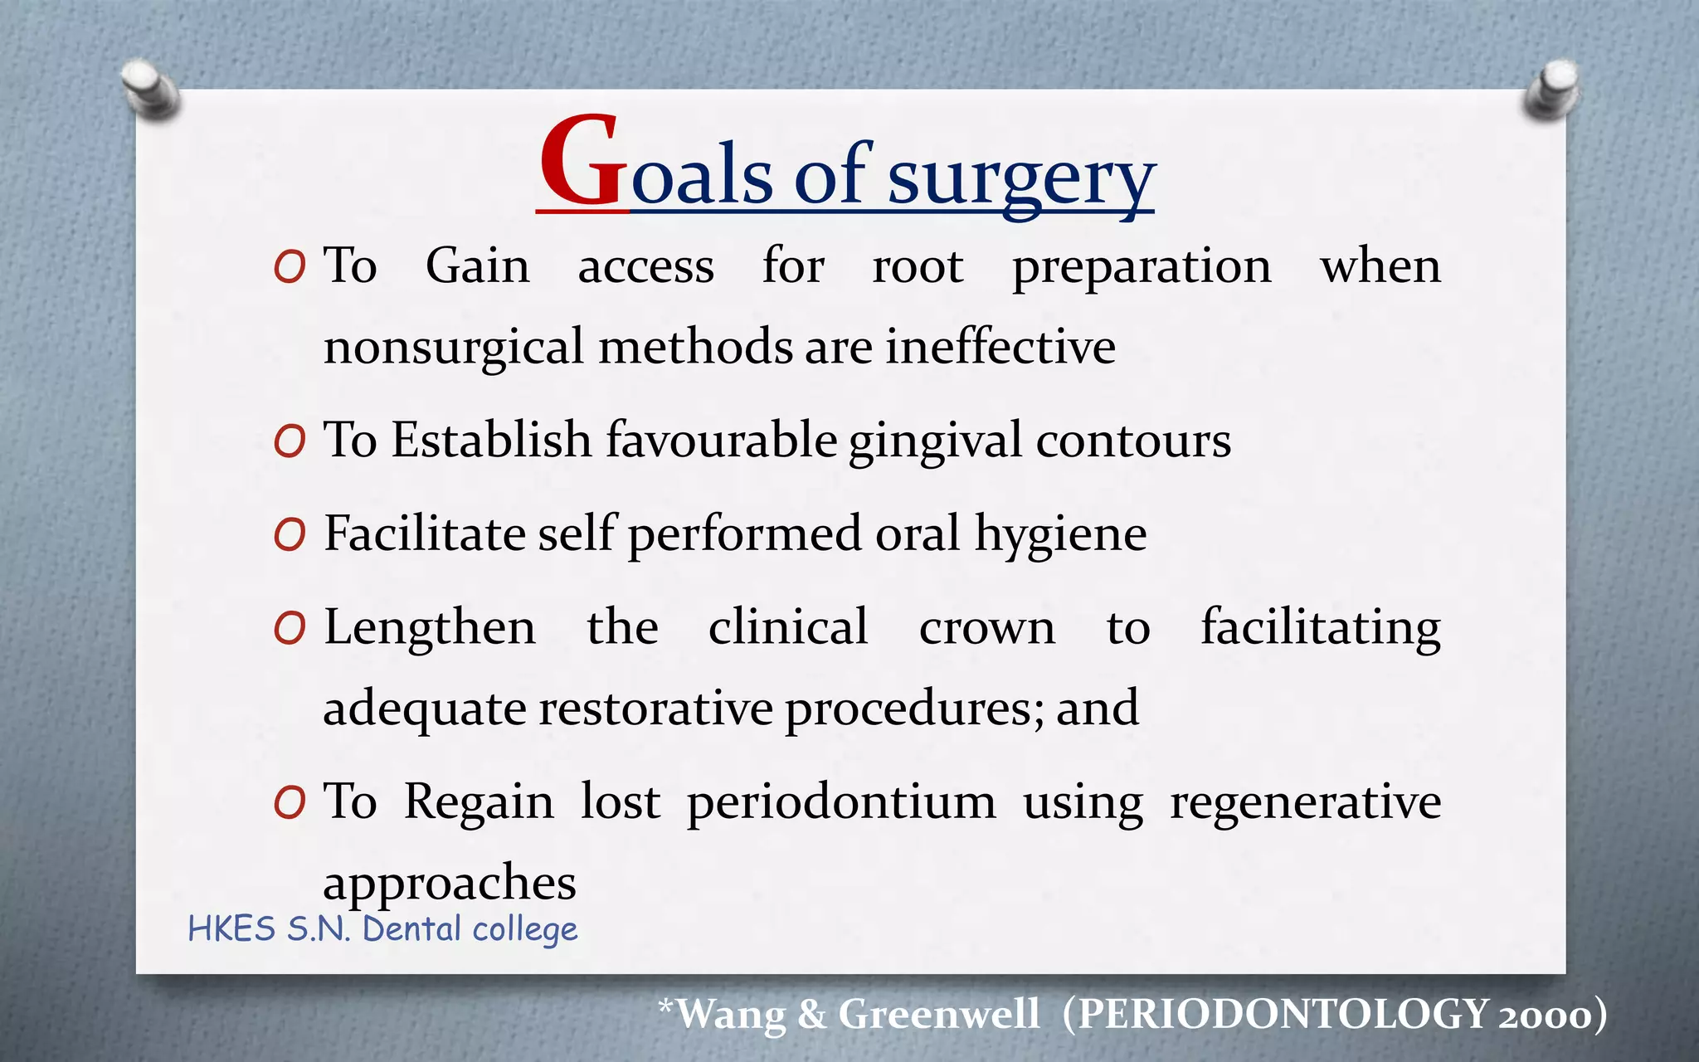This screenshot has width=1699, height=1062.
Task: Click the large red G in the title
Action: click(581, 162)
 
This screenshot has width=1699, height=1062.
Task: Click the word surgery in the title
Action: click(1021, 178)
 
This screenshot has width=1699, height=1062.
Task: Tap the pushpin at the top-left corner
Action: click(149, 88)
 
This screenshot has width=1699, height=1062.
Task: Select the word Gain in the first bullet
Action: click(477, 266)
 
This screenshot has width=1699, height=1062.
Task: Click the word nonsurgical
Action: click(454, 347)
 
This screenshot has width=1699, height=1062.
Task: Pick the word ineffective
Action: click(1000, 346)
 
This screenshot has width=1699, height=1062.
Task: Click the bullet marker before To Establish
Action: click(290, 441)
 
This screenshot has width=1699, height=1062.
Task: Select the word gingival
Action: click(935, 441)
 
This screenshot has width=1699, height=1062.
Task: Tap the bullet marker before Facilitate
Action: click(290, 535)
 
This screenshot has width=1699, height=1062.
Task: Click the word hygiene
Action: click(1060, 534)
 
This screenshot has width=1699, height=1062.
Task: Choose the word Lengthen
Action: click(430, 627)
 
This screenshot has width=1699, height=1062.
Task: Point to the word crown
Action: click(986, 628)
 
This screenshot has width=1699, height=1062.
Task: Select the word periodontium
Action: click(841, 803)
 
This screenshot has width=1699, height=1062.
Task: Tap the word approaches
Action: click(449, 883)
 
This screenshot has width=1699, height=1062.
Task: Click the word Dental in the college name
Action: click(411, 929)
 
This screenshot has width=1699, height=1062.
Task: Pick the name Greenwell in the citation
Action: click(938, 1014)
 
